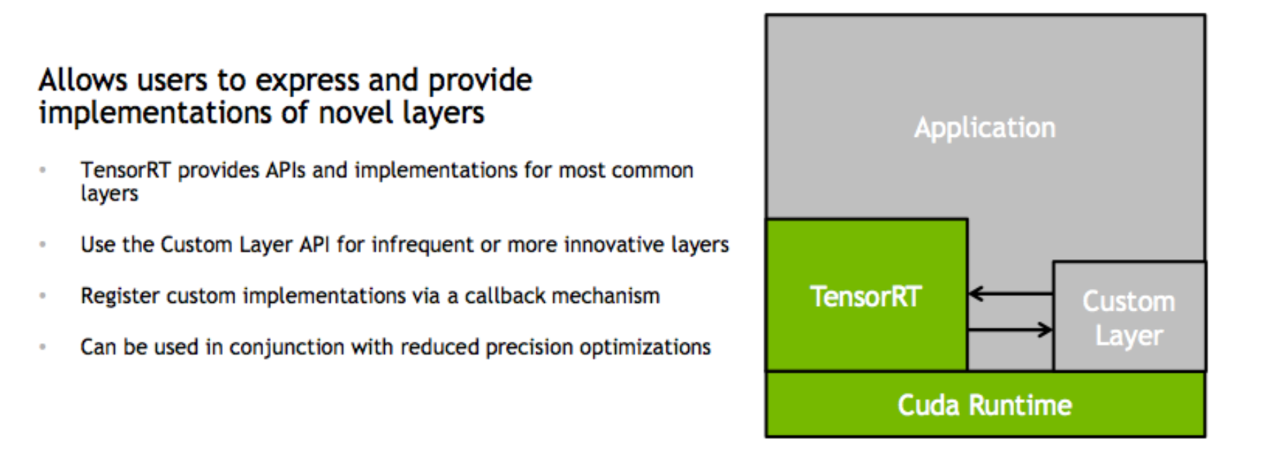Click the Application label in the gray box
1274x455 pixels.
coord(984,128)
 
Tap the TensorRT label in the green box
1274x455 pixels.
coord(865,297)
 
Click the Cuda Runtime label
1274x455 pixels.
coord(984,406)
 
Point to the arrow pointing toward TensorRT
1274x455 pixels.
coord(1009,294)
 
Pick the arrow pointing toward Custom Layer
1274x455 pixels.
coord(1009,329)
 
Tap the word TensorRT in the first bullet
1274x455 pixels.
coord(125,170)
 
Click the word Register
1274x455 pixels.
coord(120,297)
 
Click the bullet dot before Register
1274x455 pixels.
coord(43,296)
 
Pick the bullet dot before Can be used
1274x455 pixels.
coord(43,347)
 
